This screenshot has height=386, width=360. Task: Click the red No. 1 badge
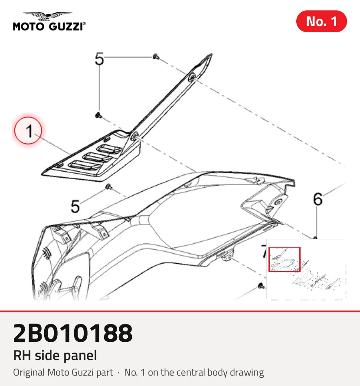pyautogui.click(x=321, y=21)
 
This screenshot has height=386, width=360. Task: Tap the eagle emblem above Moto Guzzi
pyautogui.click(x=48, y=16)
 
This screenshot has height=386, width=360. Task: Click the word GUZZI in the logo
pyautogui.click(x=66, y=26)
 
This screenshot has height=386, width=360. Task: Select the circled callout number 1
pyautogui.click(x=28, y=131)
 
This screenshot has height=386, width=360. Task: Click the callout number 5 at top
pyautogui.click(x=99, y=59)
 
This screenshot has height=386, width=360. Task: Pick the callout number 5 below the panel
pyautogui.click(x=75, y=206)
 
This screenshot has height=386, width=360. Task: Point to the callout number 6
pyautogui.click(x=317, y=199)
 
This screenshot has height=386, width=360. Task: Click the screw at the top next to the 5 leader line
pyautogui.click(x=156, y=57)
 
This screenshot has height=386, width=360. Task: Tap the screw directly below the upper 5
pyautogui.click(x=99, y=115)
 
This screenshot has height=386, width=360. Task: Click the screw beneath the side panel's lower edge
pyautogui.click(x=108, y=187)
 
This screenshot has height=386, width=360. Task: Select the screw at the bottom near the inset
pyautogui.click(x=261, y=286)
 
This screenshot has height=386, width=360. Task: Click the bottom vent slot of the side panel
pyautogui.click(x=85, y=166)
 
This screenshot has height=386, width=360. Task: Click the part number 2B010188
pyautogui.click(x=73, y=333)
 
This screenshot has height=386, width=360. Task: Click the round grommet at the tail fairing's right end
pyautogui.click(x=278, y=203)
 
